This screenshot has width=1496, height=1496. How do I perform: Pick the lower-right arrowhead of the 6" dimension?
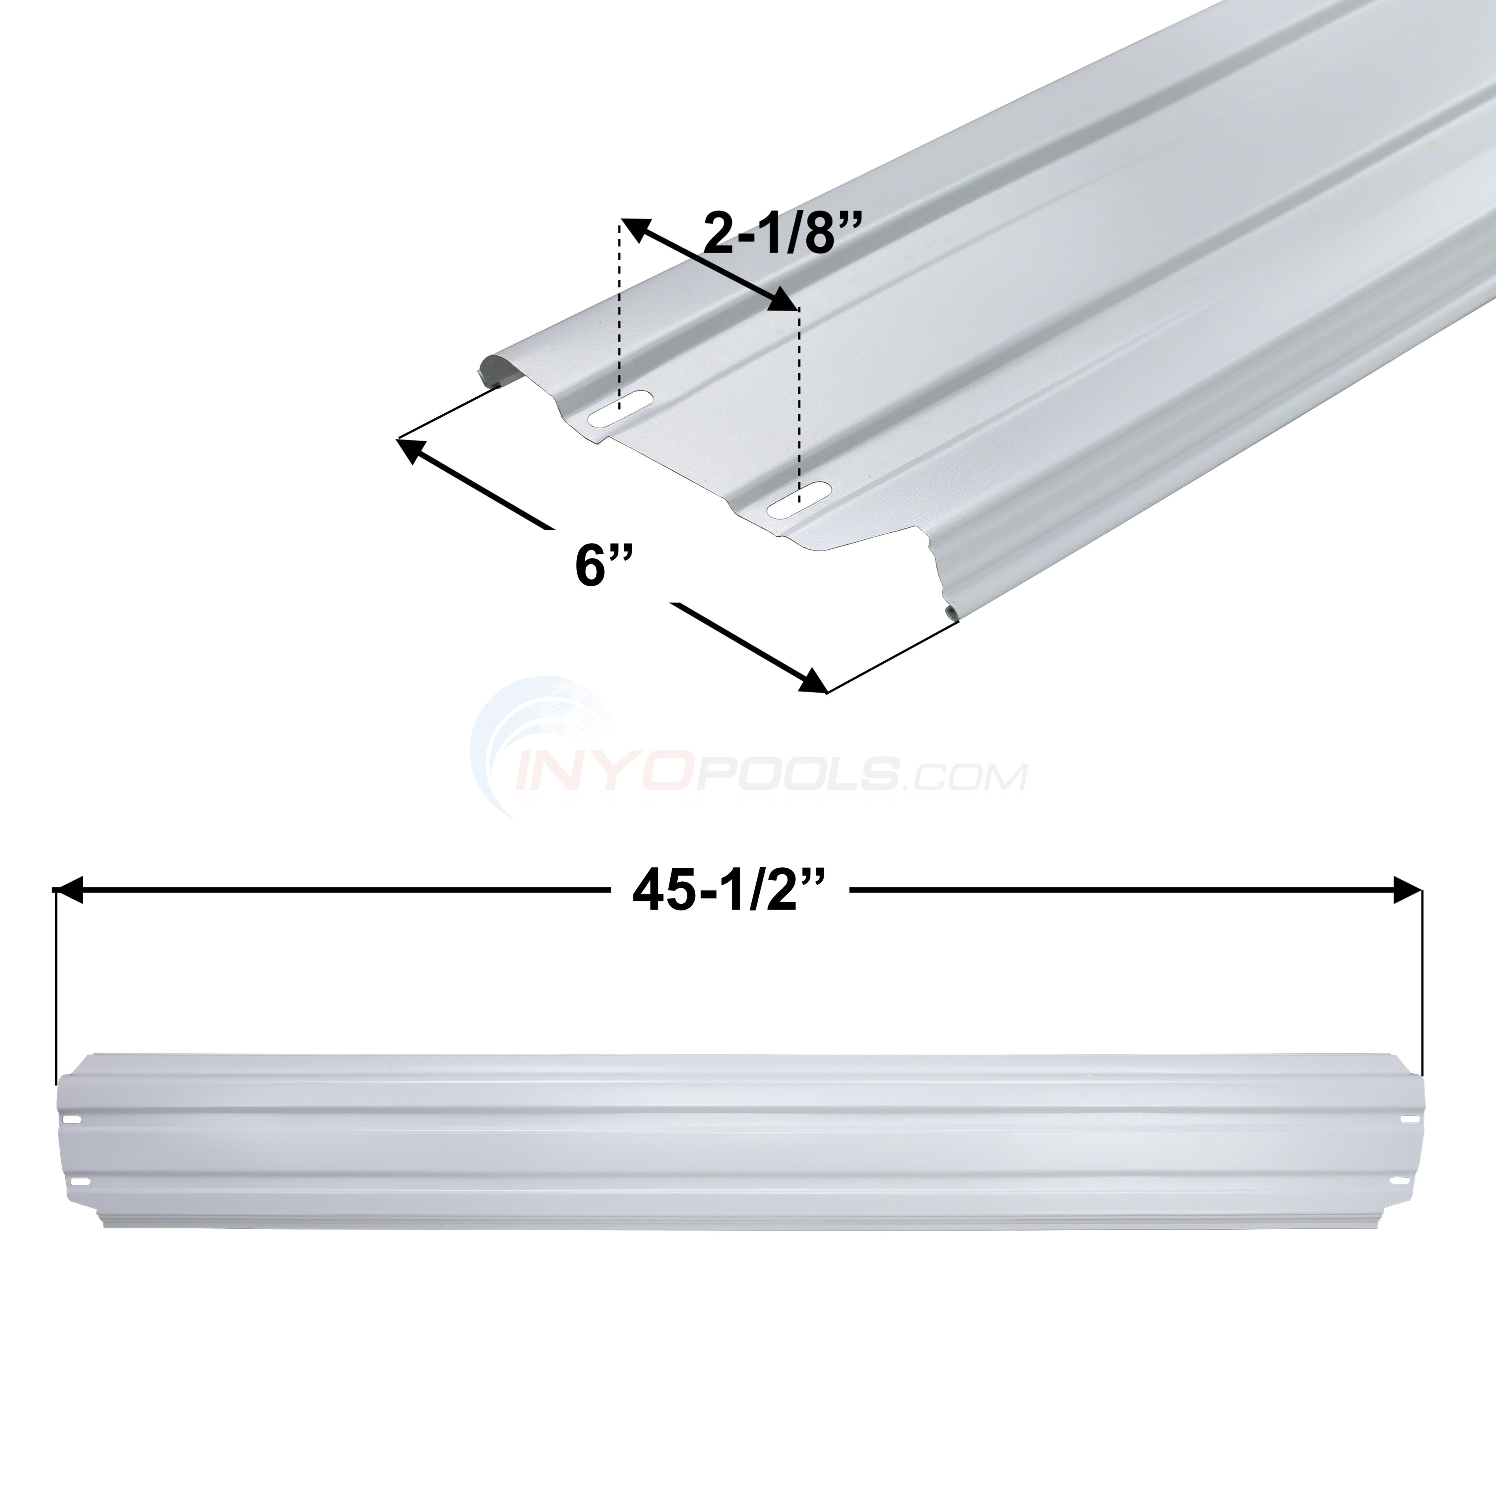pos(812,682)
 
